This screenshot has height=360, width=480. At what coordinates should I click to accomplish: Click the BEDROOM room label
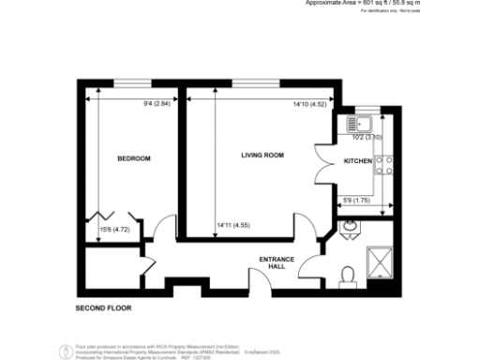[133, 158]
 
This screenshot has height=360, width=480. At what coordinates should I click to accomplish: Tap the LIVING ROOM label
[262, 155]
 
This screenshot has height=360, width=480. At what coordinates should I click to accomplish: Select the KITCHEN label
[357, 161]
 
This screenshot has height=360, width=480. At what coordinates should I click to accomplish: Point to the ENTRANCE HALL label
[277, 262]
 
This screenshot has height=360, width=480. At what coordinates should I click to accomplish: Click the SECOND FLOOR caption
[104, 307]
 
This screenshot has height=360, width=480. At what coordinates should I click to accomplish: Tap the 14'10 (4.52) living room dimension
[310, 104]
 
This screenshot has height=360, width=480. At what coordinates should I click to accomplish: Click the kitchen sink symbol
[360, 124]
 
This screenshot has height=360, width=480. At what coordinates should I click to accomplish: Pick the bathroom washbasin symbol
[349, 225]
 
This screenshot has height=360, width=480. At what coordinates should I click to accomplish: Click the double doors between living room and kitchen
[323, 161]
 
